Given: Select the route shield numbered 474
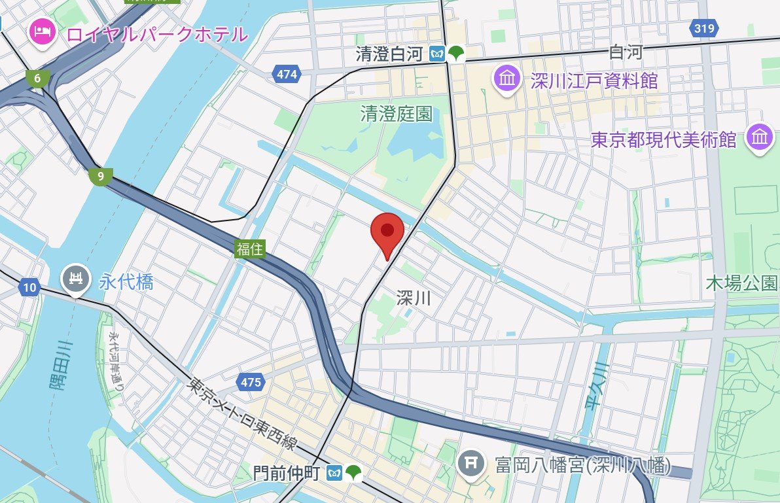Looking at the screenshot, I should [287, 75].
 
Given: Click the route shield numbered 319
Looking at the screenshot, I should [704, 28].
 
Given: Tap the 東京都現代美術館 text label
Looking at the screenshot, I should [664, 139].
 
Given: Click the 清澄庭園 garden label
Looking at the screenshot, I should [396, 114].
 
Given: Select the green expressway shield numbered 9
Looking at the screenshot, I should [100, 176].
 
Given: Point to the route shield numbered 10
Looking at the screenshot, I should [29, 286].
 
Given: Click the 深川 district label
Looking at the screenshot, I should [414, 298].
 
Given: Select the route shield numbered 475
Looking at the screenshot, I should [251, 382].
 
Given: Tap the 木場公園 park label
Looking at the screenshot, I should [741, 283].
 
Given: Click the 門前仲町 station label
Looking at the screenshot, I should [289, 472].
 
